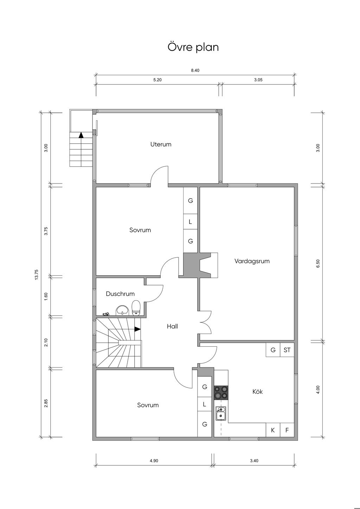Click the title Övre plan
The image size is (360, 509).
pyautogui.click(x=193, y=47)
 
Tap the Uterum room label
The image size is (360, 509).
pyautogui.click(x=161, y=144)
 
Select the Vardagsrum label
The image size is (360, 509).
pyautogui.click(x=252, y=261)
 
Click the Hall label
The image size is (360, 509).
pyautogui.click(x=172, y=327)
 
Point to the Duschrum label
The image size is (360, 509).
pyautogui.click(x=120, y=294)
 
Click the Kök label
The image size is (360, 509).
pyautogui.click(x=257, y=392)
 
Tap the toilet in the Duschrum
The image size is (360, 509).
pyautogui.click(x=136, y=308)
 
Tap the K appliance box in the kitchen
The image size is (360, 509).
pyautogui.click(x=273, y=430)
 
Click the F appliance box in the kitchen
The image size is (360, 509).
pyautogui.click(x=287, y=430)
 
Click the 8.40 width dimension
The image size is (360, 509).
pyautogui.click(x=195, y=70)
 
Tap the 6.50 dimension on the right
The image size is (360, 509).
pyautogui.click(x=318, y=264)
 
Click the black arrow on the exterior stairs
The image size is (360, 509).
pyautogui.click(x=81, y=135)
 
